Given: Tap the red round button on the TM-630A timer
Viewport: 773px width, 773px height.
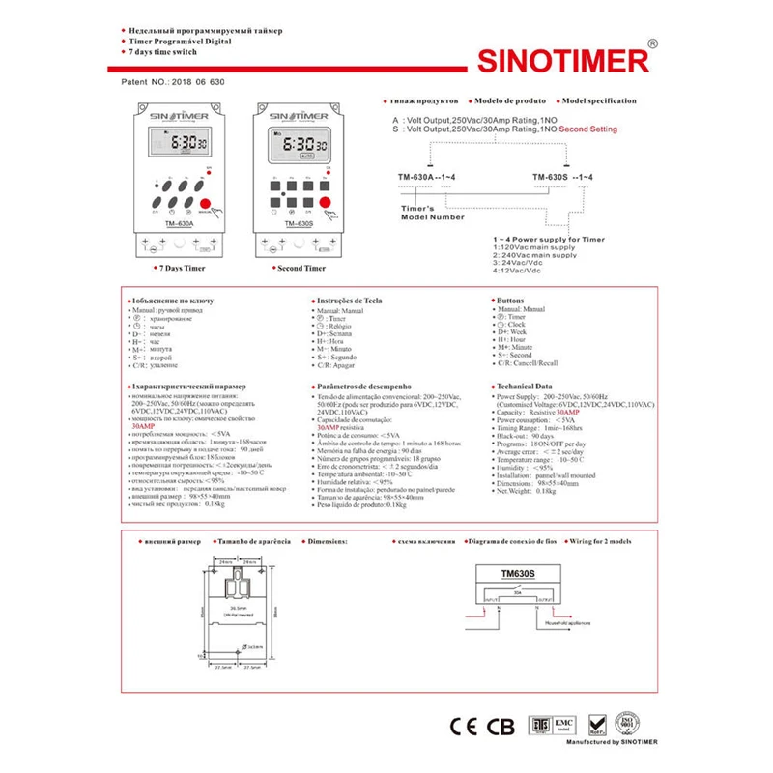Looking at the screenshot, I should [x=204, y=203].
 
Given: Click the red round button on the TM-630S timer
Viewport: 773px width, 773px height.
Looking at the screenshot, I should [x=326, y=203].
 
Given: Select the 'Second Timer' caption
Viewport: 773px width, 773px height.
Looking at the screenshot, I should [x=301, y=268].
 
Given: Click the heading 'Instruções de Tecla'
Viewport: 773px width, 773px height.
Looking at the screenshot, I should [x=349, y=301].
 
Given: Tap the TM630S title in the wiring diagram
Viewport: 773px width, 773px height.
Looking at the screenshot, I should [x=519, y=572].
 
